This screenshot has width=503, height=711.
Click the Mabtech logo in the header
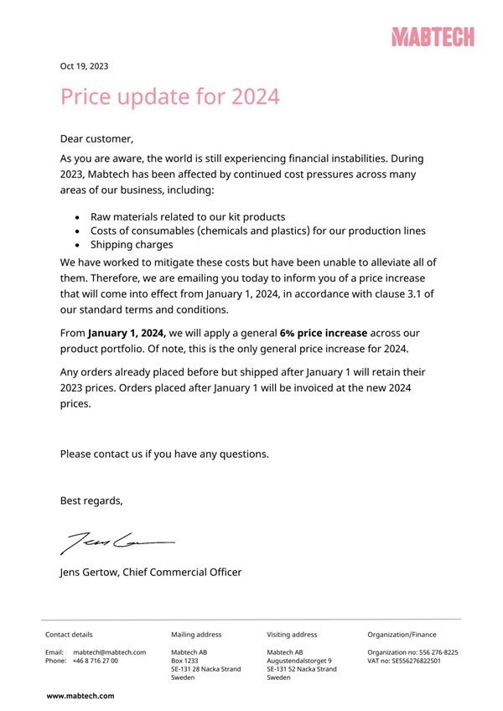coord(432,37)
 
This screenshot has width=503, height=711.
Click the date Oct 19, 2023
coord(84,66)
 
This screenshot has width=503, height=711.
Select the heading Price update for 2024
coord(169,96)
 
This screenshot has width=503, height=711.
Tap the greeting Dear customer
coord(97,138)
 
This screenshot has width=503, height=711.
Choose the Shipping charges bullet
coord(132,245)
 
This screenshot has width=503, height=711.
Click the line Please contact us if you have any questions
coord(164,454)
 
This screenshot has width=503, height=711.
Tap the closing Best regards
coord(91,501)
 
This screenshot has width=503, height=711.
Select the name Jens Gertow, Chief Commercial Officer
coord(151,573)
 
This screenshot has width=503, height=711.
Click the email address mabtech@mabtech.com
coord(110,652)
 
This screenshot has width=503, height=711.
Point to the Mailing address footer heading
coord(196,635)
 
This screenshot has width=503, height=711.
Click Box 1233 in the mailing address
coord(185,661)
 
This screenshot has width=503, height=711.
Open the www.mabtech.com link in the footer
coord(80,696)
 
